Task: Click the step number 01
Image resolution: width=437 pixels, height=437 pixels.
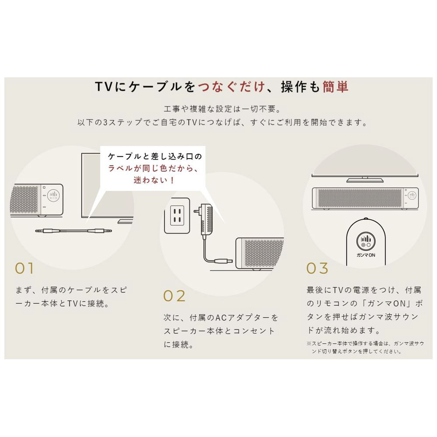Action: tap(24, 268)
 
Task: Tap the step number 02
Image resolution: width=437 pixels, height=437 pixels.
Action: tap(174, 296)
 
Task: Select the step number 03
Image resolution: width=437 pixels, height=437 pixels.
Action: tap(317, 268)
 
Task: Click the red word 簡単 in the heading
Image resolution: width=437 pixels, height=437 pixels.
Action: tap(336, 87)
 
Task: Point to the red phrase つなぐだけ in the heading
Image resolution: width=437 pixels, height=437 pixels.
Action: tap(232, 87)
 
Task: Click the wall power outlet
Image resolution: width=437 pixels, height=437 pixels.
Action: tap(177, 215)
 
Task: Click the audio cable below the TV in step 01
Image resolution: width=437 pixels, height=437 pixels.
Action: tap(73, 231)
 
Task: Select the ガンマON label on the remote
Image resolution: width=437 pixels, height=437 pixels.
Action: tap(366, 255)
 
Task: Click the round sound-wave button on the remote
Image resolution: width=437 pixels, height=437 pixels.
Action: tap(366, 240)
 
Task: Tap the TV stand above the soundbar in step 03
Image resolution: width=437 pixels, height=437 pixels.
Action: tap(365, 180)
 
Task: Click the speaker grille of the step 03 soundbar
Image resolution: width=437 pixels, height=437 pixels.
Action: tap(360, 198)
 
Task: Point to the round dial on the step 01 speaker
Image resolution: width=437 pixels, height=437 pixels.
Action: tap(53, 195)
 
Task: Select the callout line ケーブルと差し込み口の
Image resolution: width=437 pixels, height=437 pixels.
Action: tap(155, 156)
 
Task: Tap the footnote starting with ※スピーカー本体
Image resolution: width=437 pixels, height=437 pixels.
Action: tap(365, 347)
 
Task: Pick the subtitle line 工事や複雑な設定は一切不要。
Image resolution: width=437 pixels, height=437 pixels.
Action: tap(222, 109)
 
